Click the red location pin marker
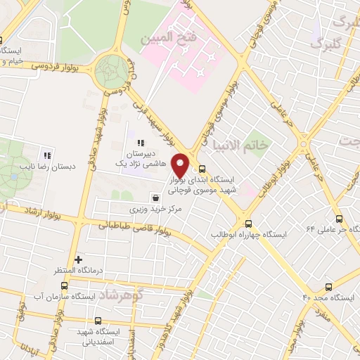[x=181, y=165]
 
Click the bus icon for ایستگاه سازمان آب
[x=65, y=285]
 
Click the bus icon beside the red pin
[x=202, y=169]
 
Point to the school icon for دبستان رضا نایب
[x=47, y=155]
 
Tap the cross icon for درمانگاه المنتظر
[x=78, y=259]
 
